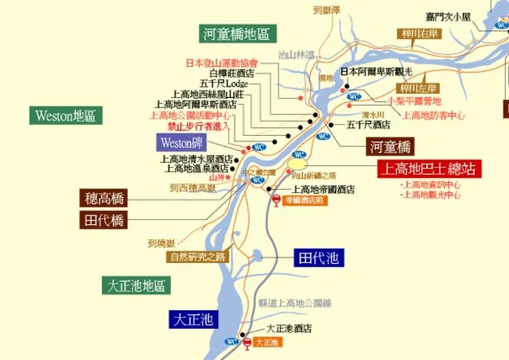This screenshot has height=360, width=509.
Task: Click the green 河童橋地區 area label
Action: point(236,34)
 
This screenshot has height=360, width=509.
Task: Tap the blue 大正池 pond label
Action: point(193,320)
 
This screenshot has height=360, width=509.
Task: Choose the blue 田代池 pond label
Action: point(317,257)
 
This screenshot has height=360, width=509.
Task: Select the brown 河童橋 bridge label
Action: point(390,146)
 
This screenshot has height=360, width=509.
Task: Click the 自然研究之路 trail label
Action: point(197,257)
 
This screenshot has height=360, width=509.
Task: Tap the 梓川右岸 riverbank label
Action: point(420,34)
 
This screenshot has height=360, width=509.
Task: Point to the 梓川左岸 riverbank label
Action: point(419,88)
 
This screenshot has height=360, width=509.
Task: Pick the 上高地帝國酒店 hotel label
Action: point(323,189)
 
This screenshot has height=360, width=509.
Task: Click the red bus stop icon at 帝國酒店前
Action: point(276,201)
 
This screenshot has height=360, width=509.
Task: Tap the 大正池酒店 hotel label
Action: point(289,327)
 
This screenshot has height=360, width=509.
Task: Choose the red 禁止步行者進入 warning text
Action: point(198,126)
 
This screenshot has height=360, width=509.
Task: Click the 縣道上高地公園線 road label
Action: point(295,304)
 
